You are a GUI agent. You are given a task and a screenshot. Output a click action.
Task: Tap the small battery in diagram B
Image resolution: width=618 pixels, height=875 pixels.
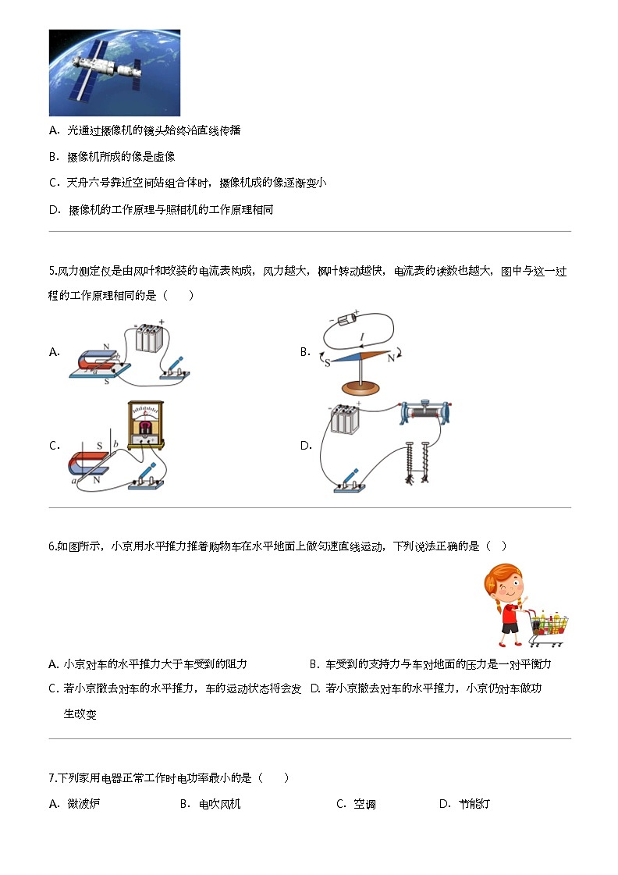345,317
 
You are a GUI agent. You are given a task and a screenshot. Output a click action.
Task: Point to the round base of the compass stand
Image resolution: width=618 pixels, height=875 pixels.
359,388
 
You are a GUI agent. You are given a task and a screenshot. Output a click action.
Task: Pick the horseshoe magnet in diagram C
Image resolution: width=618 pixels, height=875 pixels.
91,464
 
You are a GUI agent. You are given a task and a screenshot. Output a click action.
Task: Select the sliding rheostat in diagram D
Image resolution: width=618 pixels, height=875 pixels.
425,413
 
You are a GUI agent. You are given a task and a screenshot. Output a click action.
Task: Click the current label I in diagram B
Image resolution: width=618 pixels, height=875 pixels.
361,337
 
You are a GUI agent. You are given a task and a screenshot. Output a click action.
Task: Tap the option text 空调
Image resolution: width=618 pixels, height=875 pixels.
365,804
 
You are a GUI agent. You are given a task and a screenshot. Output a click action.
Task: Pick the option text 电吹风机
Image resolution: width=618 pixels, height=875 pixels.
219,804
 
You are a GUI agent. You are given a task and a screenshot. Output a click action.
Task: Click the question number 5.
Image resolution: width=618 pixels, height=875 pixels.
51,272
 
